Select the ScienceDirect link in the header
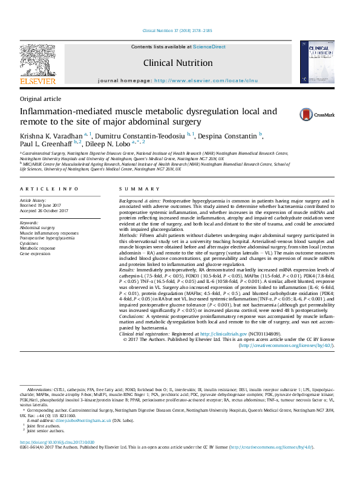click(x=209, y=47)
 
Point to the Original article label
click(x=41, y=99)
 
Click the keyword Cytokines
click(x=30, y=242)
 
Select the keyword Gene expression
click(x=36, y=253)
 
